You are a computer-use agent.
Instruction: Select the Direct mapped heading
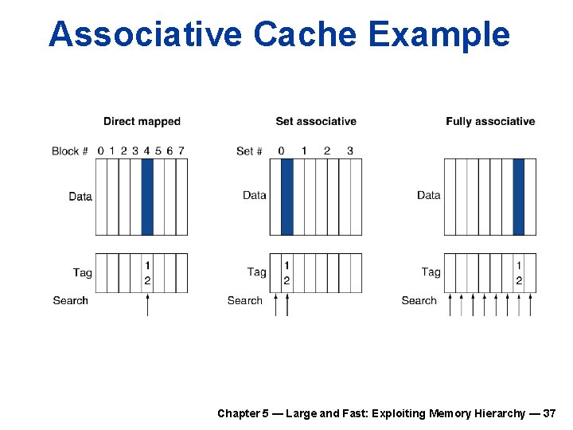pos(142,122)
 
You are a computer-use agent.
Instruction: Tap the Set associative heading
pos(316,122)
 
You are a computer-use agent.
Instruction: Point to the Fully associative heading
pos(490,122)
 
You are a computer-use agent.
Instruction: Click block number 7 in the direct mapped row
pos(181,150)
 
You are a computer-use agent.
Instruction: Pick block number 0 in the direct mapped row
pos(101,150)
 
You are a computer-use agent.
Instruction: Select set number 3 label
pos(350,150)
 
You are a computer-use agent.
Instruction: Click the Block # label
pos(70,151)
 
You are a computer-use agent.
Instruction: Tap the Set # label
pos(249,151)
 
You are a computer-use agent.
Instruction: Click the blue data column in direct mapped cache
pos(147,197)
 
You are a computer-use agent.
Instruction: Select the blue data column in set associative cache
pos(286,197)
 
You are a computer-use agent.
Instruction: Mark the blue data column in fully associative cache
pos(519,197)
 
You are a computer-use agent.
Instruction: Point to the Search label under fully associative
pos(419,301)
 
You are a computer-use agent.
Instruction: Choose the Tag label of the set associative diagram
pos(256,272)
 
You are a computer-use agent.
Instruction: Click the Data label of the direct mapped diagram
pos(80,197)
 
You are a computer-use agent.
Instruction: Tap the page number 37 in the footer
pos(549,413)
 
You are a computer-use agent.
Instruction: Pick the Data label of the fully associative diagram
pos(428,195)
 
